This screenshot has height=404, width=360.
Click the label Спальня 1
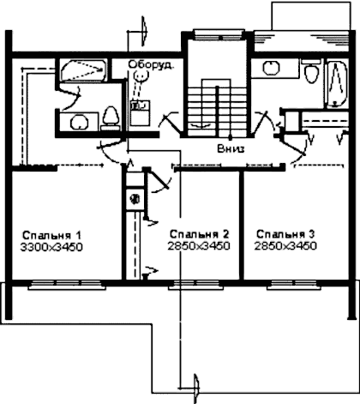click(x=51, y=236)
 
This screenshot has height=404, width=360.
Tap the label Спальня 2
click(x=200, y=234)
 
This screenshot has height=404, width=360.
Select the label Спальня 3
click(x=285, y=234)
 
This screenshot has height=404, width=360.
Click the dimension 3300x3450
click(x=51, y=247)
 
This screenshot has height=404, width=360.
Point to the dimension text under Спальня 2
click(x=199, y=246)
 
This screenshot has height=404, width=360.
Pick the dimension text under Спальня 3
click(x=285, y=246)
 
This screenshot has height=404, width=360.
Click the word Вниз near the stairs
click(x=231, y=149)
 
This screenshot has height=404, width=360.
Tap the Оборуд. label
click(x=151, y=64)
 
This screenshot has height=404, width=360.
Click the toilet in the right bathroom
click(x=311, y=70)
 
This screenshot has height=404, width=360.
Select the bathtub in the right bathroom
click(x=337, y=84)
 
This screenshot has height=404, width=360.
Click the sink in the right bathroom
click(x=271, y=68)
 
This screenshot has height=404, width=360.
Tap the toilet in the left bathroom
click(x=111, y=118)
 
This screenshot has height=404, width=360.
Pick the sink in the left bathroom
click(x=79, y=122)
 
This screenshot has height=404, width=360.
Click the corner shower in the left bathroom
click(x=83, y=70)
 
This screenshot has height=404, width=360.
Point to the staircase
click(x=217, y=107)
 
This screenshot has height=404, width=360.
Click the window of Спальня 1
click(x=67, y=285)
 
